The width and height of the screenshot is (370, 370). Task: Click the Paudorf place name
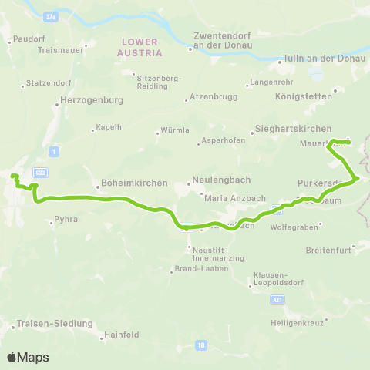point(29,36)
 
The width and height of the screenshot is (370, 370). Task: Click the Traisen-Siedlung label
point(52,325)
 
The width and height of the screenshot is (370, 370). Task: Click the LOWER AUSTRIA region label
point(140,47)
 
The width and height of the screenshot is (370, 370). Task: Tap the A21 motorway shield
point(278,298)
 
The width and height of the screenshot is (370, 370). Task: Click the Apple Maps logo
point(28,357)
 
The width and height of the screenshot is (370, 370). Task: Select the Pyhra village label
point(65,220)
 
